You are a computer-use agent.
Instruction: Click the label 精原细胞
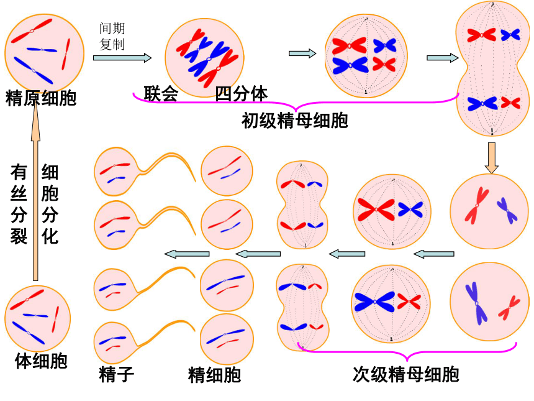coord(40,98)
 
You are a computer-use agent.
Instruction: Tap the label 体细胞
coord(40,361)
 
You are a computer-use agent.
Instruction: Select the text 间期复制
coord(112,37)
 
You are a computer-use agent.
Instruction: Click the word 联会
coord(161,94)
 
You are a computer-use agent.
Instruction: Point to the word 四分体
coord(242,94)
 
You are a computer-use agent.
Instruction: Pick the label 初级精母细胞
coord(294,121)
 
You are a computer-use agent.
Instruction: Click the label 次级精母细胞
coord(406,374)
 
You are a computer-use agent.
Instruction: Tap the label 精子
coord(116,374)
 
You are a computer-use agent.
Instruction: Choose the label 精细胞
coord(214,374)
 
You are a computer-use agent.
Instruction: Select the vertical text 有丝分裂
coord(19,204)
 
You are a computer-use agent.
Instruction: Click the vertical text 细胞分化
coord(50,204)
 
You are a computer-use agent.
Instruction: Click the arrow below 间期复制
coord(122,58)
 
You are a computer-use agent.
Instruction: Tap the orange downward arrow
coord(492,158)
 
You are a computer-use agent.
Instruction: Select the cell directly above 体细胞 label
coord(37,317)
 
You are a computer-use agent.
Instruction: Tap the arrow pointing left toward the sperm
coord(186,253)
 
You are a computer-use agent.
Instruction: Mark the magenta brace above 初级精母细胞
coord(295,102)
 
